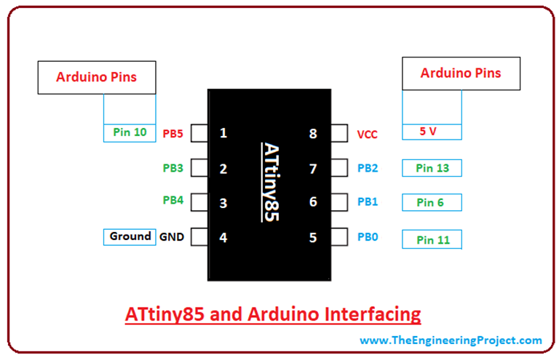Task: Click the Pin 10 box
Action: (x=130, y=132)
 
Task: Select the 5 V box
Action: (x=432, y=132)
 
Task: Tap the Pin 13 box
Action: (x=432, y=168)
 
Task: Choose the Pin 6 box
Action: (x=432, y=203)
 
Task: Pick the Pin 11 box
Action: (x=432, y=239)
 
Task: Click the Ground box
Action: (x=130, y=236)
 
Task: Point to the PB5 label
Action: (x=173, y=133)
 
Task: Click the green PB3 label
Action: (x=173, y=169)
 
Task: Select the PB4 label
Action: (x=173, y=200)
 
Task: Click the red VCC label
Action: (x=368, y=135)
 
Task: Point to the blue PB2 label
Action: (x=368, y=169)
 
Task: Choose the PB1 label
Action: (x=368, y=201)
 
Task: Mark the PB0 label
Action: (x=368, y=237)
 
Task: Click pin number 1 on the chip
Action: (x=223, y=133)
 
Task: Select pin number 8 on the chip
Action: (x=313, y=134)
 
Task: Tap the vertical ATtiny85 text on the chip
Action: (x=269, y=181)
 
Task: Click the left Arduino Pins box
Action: (x=96, y=77)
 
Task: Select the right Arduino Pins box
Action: (x=461, y=73)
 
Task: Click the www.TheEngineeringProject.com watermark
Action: (x=451, y=340)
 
